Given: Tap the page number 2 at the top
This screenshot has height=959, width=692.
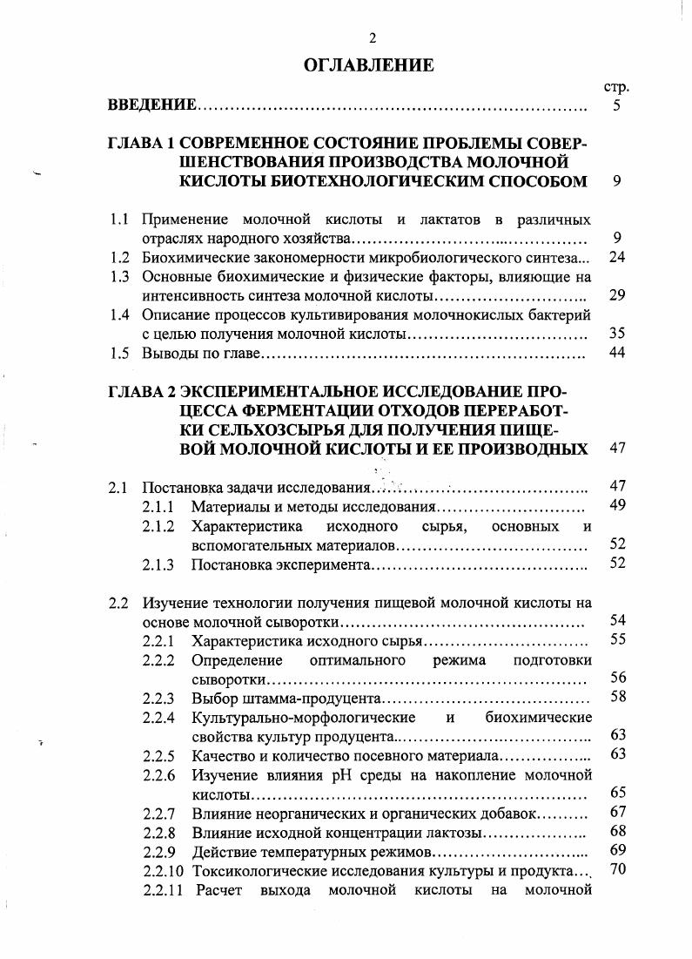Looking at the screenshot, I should click(372, 37).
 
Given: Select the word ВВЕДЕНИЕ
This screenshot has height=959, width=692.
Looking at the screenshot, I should click(151, 105).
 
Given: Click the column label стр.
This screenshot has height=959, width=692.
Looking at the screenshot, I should click(615, 87).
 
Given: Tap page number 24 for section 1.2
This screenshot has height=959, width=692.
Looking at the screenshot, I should click(617, 257).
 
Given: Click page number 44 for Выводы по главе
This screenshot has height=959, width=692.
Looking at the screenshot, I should click(617, 354).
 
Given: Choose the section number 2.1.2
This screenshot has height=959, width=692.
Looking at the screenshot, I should click(158, 526).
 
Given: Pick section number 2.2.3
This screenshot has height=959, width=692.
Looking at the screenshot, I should click(158, 698).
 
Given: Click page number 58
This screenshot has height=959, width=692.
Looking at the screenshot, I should click(618, 696).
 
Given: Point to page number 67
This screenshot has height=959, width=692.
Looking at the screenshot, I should click(618, 812).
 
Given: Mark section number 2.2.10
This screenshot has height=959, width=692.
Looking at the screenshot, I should click(162, 870).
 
